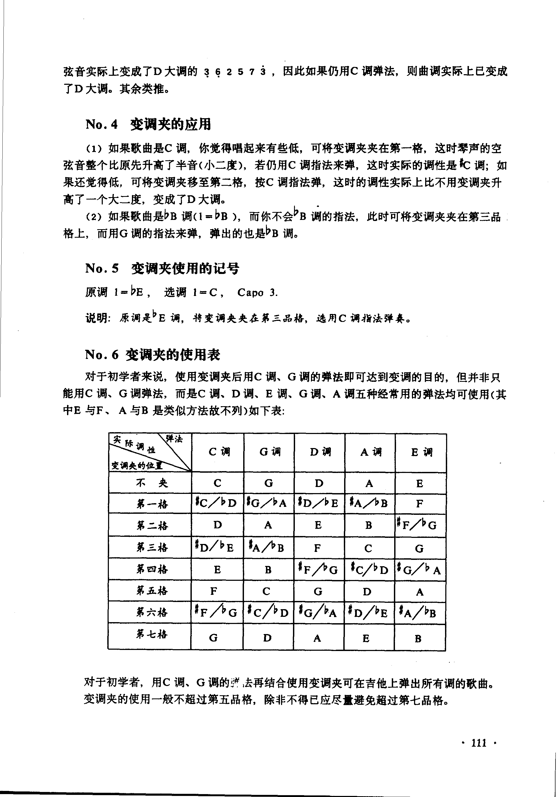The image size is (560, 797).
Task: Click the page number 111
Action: [x=479, y=743]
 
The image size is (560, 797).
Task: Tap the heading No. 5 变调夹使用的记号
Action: [x=162, y=268]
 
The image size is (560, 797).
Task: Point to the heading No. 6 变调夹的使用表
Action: [x=153, y=355]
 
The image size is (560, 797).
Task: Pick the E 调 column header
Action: [x=421, y=452]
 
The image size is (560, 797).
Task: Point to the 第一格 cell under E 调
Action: [x=420, y=503]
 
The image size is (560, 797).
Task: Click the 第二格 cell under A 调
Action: [x=368, y=525]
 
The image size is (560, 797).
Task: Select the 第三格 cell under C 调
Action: [x=215, y=547]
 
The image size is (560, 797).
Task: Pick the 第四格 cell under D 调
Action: [x=318, y=570]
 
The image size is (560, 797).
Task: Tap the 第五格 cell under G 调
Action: [x=266, y=591]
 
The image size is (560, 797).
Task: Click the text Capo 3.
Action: [x=257, y=293]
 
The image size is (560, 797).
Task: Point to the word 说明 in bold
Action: [x=97, y=318]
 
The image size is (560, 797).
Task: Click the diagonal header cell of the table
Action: [x=150, y=452]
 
